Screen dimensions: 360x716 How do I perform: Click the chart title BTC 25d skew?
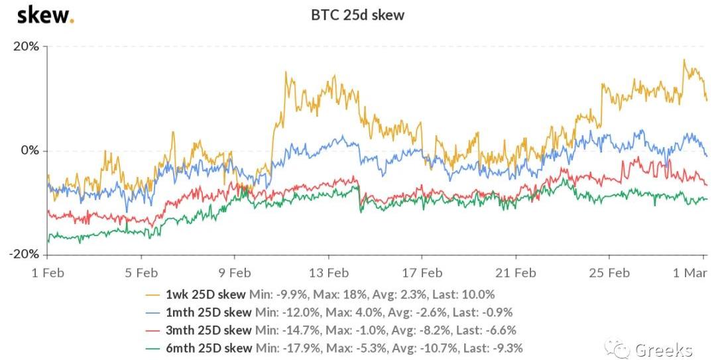point(357,15)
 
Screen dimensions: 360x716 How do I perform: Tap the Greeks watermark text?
point(663,349)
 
